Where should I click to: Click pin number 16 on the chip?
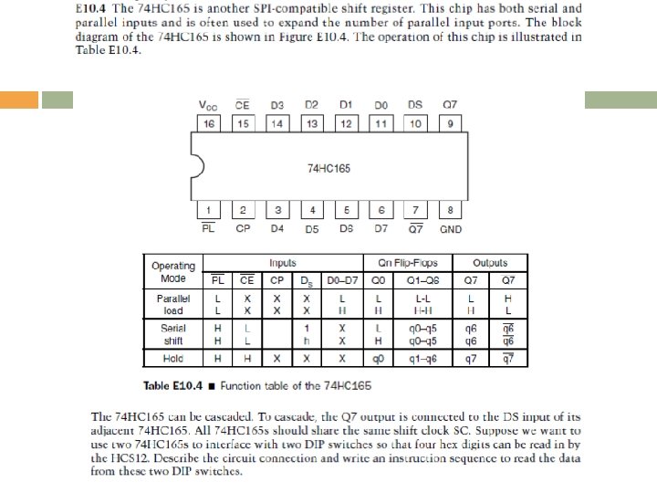(x=209, y=123)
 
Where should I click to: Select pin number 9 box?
(x=450, y=123)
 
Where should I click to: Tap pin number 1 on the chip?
(x=209, y=210)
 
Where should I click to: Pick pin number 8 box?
(x=450, y=210)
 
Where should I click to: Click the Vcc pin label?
(x=209, y=105)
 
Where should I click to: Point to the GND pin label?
(x=451, y=228)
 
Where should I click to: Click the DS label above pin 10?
(x=415, y=105)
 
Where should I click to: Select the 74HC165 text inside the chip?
(x=329, y=168)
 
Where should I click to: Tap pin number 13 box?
(x=312, y=123)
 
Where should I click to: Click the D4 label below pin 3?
(x=277, y=228)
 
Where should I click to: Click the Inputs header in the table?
(x=282, y=263)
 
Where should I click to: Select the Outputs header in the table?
(x=490, y=263)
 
